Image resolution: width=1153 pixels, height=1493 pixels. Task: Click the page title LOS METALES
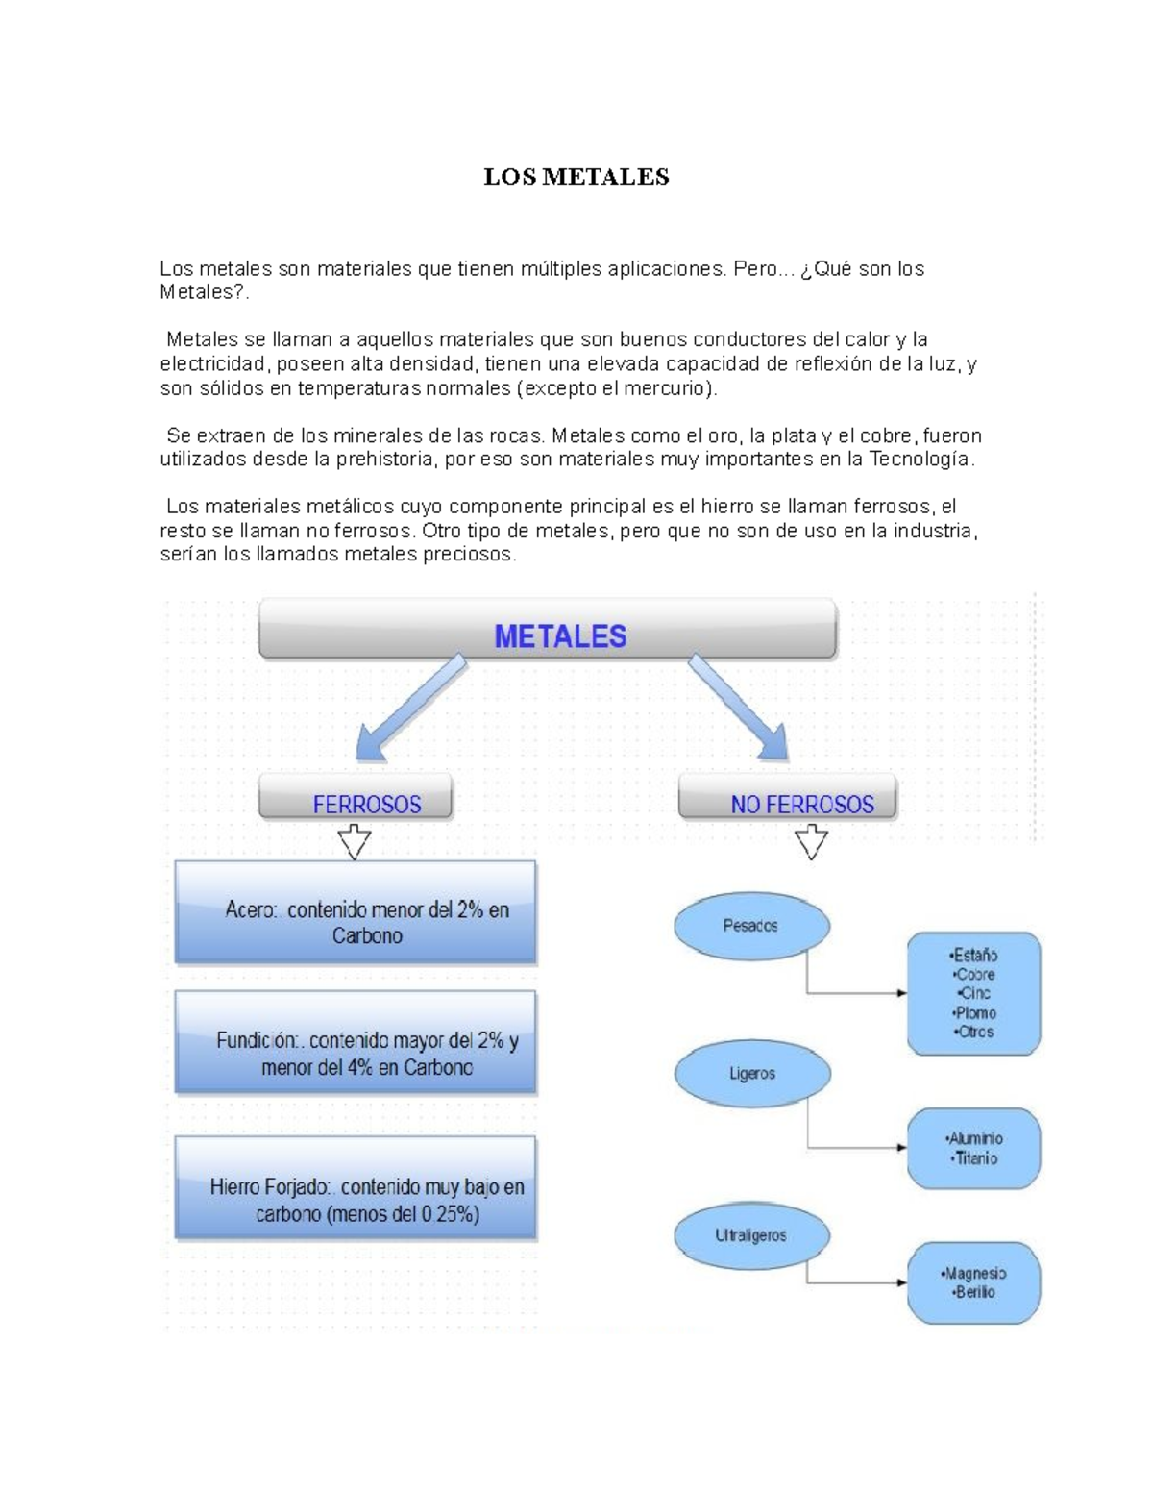[x=576, y=177]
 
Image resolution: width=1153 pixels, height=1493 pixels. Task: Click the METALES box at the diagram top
[x=548, y=631]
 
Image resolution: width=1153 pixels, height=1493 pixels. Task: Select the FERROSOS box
[x=356, y=799]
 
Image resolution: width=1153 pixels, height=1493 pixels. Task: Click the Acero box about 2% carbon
[x=356, y=912]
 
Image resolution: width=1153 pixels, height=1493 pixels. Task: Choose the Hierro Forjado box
[x=356, y=1188]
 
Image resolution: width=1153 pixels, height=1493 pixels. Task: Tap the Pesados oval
[x=751, y=926]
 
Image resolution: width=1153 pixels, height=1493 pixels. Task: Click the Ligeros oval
[x=751, y=1073]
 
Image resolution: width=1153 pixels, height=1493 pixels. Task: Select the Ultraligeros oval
[x=751, y=1235]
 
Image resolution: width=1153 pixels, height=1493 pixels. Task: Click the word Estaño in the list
[x=974, y=955]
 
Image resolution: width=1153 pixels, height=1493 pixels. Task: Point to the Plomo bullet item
[x=975, y=1012]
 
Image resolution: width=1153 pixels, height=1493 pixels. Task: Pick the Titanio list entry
[x=976, y=1158]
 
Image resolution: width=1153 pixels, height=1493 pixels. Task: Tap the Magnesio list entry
[x=975, y=1273]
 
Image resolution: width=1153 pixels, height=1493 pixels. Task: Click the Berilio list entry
[x=975, y=1292]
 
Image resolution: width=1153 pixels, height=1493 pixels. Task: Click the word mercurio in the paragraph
[x=669, y=388]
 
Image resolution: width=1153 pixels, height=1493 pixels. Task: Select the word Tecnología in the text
[x=920, y=460]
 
